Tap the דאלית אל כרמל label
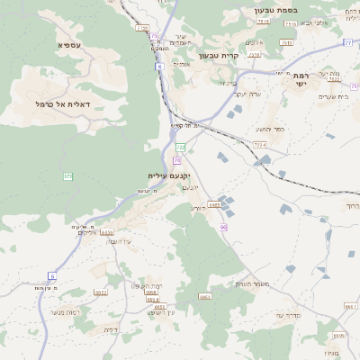(56, 105)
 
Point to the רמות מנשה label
(69, 311)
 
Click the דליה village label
(112, 329)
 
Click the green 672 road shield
(67, 176)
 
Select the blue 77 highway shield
(347, 42)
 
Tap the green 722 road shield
(180, 147)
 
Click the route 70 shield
(177, 160)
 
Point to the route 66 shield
(222, 227)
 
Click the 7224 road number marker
(259, 144)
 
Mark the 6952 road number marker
(101, 292)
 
